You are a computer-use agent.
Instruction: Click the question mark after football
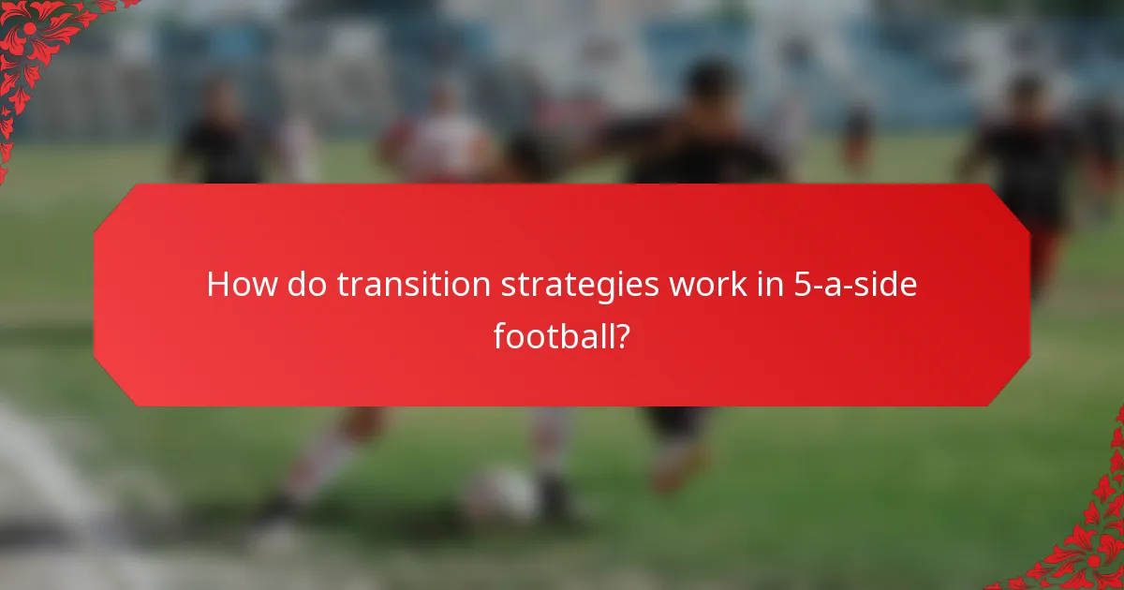tap(621, 335)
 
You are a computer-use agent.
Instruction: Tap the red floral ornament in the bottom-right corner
tap(1087, 543)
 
